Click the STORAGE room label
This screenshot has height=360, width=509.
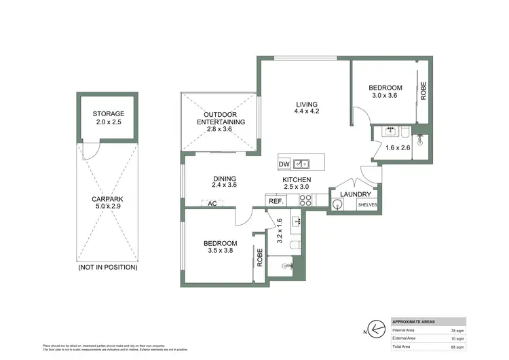109,113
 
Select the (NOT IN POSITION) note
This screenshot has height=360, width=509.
108,267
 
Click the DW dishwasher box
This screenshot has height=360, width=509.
284,164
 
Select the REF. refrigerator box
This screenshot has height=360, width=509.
276,200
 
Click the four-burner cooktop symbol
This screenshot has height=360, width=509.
305,200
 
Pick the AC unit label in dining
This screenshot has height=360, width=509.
212,203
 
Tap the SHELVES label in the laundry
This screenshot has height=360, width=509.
367,205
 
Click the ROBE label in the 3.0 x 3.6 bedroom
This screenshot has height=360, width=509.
423,91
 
